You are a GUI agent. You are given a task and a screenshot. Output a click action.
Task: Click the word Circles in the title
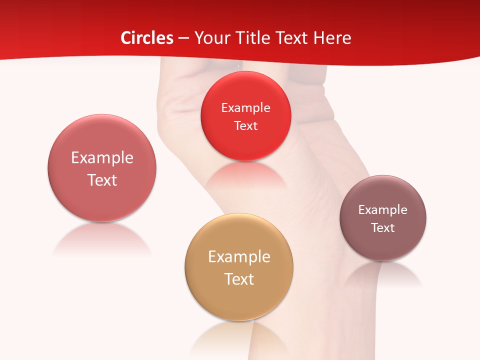[x=147, y=38]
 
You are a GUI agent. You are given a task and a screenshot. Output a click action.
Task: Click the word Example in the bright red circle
[x=245, y=108]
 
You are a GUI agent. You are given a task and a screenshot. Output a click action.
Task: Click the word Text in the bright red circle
[x=245, y=126]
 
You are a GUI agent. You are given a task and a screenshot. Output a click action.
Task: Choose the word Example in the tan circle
[x=239, y=257]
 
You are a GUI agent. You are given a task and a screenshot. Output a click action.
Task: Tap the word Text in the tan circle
[x=239, y=279]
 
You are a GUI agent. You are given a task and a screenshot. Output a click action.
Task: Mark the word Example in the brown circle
[x=383, y=210]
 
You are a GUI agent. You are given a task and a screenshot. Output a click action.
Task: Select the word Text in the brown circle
[x=383, y=228]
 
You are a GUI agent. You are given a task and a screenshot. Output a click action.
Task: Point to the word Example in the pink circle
[x=102, y=158]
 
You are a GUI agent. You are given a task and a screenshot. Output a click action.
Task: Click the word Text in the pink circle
[x=102, y=180]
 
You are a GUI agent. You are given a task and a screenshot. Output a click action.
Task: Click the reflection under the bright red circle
[x=245, y=175]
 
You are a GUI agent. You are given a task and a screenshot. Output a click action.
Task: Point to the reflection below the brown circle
[x=383, y=274]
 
